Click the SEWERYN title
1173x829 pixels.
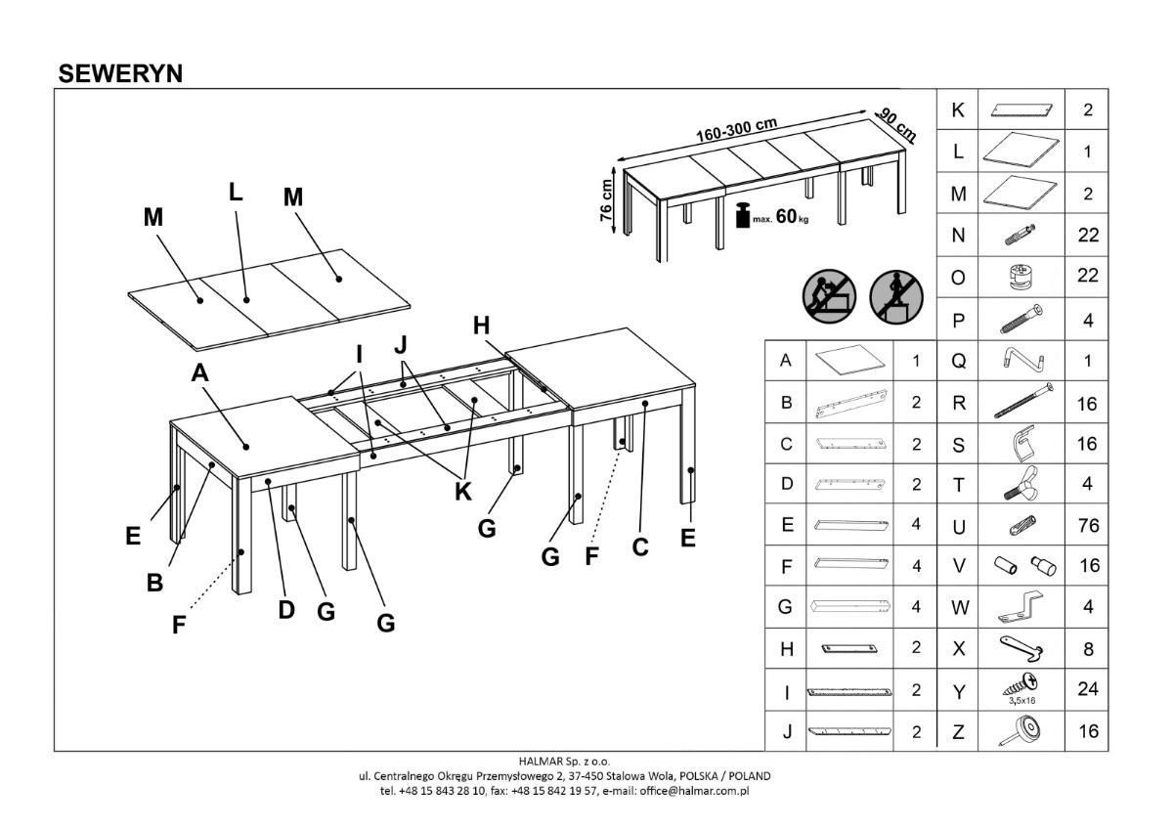[x=120, y=73]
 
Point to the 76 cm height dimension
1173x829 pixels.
[x=606, y=199]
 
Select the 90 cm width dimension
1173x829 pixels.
[x=896, y=124]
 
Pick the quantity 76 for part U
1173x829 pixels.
[x=1087, y=526]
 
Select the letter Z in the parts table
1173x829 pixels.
[x=958, y=731]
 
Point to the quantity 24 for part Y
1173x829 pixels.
[x=1087, y=689]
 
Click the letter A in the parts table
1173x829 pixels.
[x=786, y=361]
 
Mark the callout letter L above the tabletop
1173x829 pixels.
[x=236, y=193]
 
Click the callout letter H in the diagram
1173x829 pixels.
[x=481, y=327]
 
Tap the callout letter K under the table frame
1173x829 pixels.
[x=462, y=493]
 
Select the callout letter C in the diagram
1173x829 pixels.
[x=640, y=548]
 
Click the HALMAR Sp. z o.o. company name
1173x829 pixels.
[x=564, y=761]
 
